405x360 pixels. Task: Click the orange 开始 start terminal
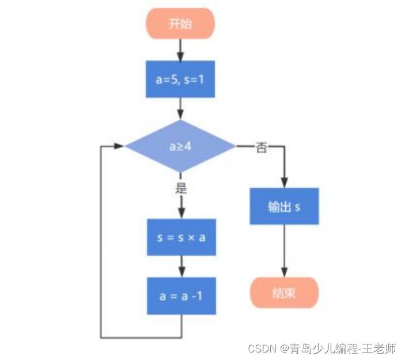[x=180, y=24]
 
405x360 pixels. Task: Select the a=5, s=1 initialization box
[x=180, y=79]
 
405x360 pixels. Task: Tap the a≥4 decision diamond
[x=180, y=146]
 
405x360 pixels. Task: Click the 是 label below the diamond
[x=180, y=188]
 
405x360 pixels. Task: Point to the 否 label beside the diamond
[x=261, y=148]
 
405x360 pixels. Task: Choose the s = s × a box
[x=181, y=237]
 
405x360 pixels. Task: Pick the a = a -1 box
[x=181, y=295]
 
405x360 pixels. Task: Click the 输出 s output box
[x=284, y=207]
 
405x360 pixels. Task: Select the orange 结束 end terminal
[x=284, y=293]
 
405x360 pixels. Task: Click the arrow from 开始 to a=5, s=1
[x=180, y=50]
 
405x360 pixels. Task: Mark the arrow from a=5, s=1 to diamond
[x=180, y=108]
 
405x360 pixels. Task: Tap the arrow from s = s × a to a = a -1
[x=181, y=266]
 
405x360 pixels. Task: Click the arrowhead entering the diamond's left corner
[x=119, y=146]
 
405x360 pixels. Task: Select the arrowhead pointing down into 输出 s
[x=284, y=183]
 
